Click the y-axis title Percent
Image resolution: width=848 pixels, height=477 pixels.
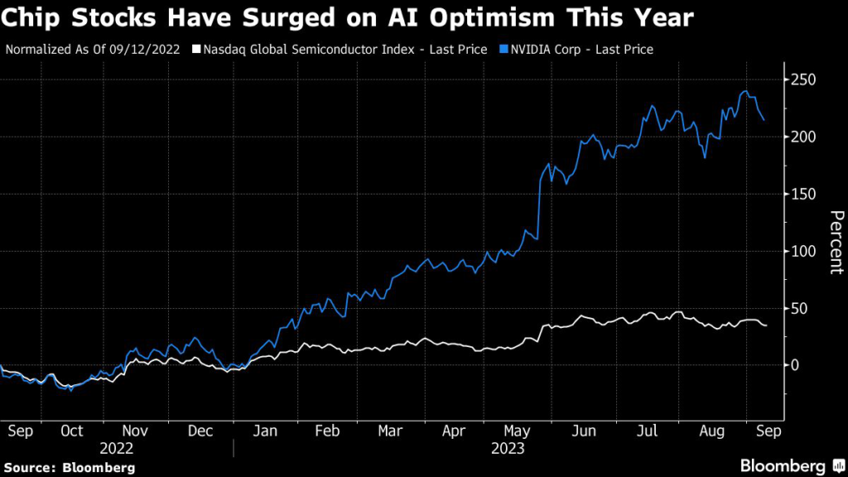[x=836, y=243]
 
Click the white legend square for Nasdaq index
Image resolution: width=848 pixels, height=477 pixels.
[x=195, y=50]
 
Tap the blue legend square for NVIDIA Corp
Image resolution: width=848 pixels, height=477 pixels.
[x=504, y=50]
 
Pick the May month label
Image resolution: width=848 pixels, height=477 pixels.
[x=518, y=431]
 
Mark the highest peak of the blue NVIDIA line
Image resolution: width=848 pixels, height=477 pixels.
[x=746, y=91]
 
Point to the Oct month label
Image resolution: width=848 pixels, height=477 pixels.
[x=72, y=431]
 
